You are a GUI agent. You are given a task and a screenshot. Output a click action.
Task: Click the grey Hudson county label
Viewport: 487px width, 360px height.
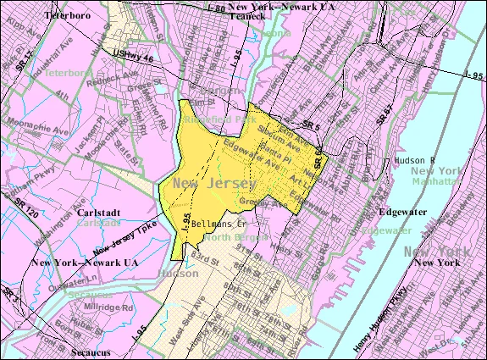tap(178, 273)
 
